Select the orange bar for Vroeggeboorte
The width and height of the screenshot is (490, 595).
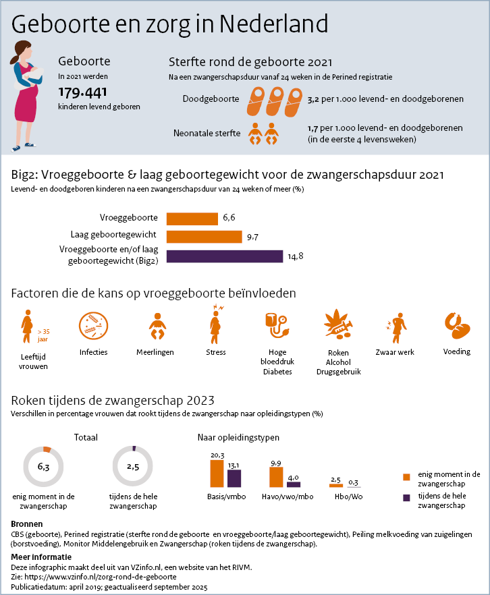coord(192,218)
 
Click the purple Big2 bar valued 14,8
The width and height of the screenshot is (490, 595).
coord(224,256)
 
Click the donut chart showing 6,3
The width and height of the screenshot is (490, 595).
coord(43,466)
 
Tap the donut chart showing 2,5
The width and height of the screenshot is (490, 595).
coord(132,466)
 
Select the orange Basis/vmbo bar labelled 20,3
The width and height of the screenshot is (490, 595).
coord(217,474)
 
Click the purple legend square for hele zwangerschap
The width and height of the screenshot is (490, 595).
coord(406,498)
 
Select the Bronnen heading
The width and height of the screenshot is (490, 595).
coord(28,524)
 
